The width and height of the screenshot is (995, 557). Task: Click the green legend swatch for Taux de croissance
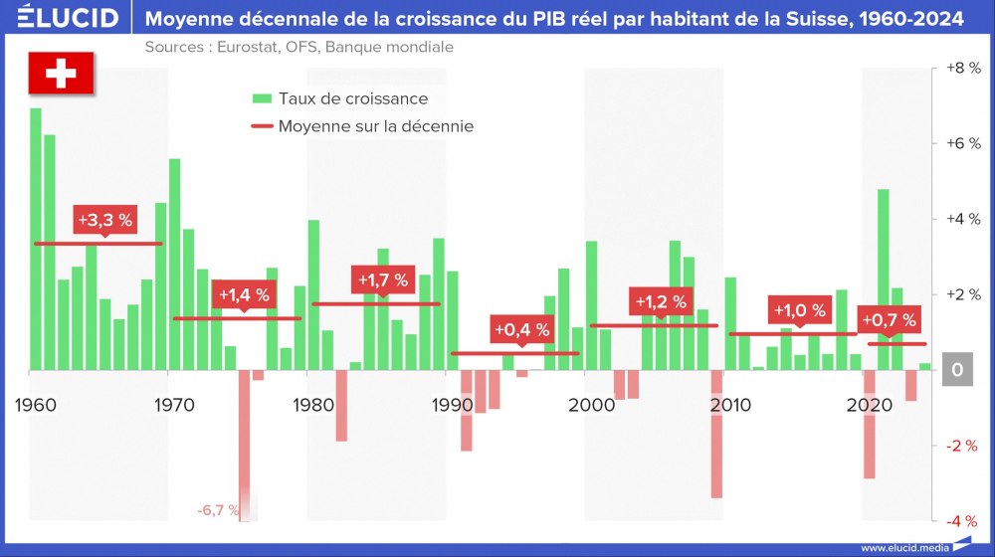262,98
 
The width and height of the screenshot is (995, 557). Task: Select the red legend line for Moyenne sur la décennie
262,126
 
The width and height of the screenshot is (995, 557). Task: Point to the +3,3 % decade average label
103,220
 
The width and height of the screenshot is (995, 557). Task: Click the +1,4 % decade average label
244,294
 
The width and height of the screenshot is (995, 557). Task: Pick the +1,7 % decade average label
382,280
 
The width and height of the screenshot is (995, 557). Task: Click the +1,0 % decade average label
799,310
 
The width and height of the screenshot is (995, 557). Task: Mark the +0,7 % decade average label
889,320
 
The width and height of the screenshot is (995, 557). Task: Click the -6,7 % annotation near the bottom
218,510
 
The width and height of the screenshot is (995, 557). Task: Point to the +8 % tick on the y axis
961,69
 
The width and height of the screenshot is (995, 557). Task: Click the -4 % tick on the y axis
961,520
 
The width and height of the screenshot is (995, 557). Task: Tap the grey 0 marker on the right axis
957,369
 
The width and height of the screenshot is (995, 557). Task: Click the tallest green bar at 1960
36,239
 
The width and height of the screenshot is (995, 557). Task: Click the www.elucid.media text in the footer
902,547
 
